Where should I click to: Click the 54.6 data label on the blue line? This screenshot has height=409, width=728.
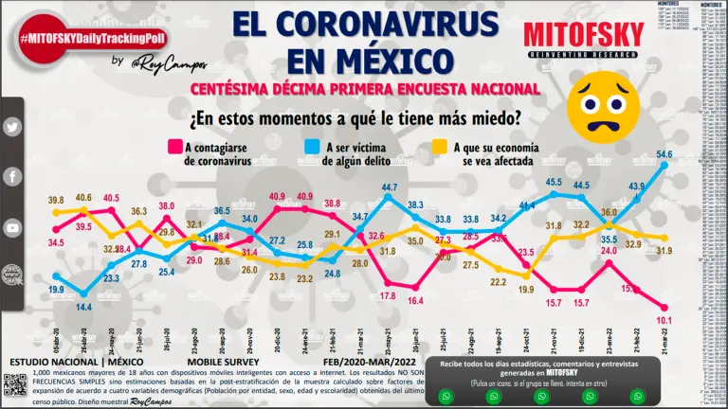click(664, 154)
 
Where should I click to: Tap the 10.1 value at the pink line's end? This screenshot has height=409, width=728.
click(664, 319)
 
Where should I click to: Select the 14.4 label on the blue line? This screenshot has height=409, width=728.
click(84, 307)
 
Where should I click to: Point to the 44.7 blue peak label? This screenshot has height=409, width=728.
click(389, 188)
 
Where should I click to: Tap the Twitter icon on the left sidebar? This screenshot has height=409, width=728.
click(13, 127)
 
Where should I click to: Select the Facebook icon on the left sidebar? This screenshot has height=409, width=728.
click(13, 177)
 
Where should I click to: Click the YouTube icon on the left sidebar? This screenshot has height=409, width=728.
click(13, 228)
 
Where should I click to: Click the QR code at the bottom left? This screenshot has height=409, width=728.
click(13, 383)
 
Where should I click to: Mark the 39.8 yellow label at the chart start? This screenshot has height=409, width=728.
click(55, 201)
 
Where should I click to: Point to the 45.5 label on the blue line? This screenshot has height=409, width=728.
click(554, 182)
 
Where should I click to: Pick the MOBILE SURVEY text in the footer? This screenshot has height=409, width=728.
click(221, 363)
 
